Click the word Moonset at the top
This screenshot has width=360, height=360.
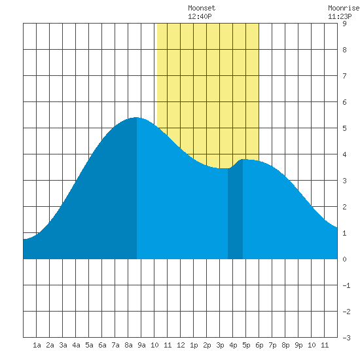(202, 8)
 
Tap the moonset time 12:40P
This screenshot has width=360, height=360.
(200, 16)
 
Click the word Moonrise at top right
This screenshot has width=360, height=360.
(344, 8)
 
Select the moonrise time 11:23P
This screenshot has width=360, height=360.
(340, 16)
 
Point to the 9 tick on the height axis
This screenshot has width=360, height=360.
(344, 24)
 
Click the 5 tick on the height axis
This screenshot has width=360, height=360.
(344, 128)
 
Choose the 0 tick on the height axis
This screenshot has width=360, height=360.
(344, 259)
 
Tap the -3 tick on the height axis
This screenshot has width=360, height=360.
(346, 338)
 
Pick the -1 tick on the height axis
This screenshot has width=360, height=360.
(346, 285)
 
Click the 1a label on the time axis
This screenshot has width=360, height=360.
(37, 345)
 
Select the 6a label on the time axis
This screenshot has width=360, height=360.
(102, 345)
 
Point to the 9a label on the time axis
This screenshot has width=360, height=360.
(141, 345)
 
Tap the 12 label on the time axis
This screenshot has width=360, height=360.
(181, 345)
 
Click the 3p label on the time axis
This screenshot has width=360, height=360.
(220, 345)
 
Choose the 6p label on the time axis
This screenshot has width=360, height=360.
(259, 345)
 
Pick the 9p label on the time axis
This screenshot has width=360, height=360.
(298, 345)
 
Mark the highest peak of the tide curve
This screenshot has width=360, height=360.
(137, 118)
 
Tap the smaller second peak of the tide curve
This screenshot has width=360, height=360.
(243, 159)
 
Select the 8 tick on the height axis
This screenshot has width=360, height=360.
(344, 50)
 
